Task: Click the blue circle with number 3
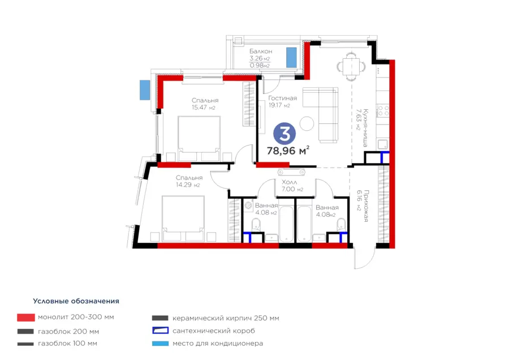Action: (284, 134)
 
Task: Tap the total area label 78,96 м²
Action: (288, 151)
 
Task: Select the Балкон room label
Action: (261, 52)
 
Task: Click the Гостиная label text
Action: (282, 98)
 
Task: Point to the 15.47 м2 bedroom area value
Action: (203, 107)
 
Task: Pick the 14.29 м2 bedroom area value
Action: (188, 185)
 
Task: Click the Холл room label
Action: (289, 182)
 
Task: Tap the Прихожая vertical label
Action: (366, 206)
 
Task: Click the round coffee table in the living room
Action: (307, 123)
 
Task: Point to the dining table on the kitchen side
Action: (351, 66)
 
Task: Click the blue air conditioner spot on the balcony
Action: (291, 58)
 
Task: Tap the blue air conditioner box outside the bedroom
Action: (145, 90)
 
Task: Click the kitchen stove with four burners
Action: (383, 110)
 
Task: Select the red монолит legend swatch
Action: (26, 318)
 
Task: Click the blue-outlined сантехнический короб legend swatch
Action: (161, 331)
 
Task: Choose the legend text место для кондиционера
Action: (218, 344)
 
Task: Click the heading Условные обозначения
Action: (76, 301)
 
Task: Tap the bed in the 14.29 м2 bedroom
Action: (183, 218)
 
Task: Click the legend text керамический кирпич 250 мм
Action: (226, 318)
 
